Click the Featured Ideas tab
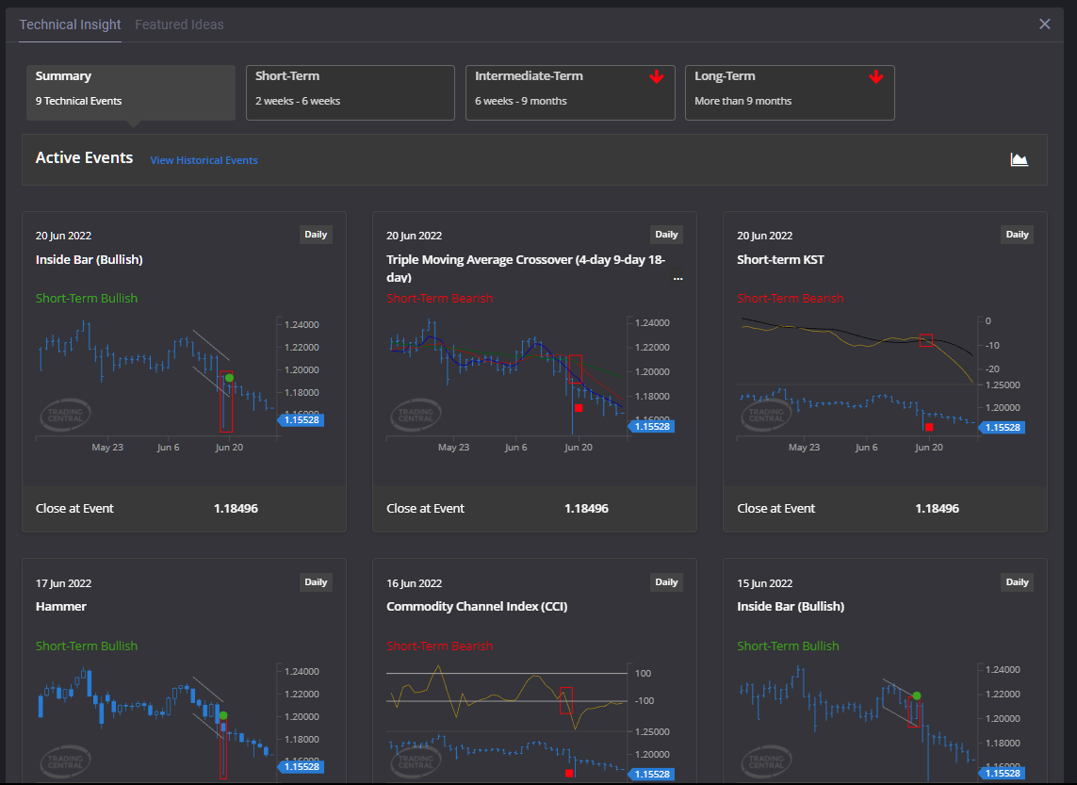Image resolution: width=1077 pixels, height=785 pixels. pos(179,25)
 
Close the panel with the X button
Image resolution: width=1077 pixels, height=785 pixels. pos(1044,25)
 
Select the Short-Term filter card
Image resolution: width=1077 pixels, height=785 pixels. pos(350,92)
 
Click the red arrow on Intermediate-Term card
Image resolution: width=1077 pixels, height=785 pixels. pos(657,77)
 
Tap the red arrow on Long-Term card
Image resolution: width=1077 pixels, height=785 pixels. pos(876,77)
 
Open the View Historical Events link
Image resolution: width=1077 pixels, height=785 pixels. pos(204,160)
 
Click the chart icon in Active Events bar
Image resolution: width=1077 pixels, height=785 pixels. pos(1019,159)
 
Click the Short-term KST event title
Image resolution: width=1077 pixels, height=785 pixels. pos(780,259)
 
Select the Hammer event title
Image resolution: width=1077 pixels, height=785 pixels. pos(61,606)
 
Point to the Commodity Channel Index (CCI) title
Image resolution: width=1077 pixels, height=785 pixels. pos(477,606)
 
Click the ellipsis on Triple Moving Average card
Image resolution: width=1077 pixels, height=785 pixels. pos(677,279)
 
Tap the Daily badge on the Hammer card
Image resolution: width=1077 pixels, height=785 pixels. pos(316,582)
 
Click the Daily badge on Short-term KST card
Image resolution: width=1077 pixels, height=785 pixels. pos(1017,235)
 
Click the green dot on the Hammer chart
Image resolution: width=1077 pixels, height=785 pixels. pos(223,715)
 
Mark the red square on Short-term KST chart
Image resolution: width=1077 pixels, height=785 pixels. pos(929,427)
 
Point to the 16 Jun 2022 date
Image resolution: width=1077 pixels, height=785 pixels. pos(414,583)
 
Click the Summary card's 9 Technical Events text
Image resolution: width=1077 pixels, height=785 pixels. pos(78,101)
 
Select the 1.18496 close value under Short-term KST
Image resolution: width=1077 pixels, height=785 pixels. pos(937,508)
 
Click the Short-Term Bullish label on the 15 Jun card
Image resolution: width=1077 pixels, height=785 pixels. pos(788,646)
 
